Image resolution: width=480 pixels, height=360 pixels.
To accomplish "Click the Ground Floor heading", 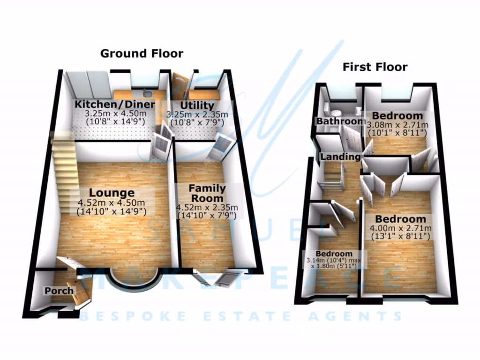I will click(142, 53).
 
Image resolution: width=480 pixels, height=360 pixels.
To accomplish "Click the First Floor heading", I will click(375, 67).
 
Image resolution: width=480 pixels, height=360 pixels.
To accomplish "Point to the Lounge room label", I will click(112, 193).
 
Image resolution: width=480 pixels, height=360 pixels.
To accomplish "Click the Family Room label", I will click(207, 193).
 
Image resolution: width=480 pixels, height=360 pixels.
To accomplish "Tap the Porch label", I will click(59, 291).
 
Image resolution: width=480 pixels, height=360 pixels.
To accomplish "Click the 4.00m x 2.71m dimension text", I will click(401, 228).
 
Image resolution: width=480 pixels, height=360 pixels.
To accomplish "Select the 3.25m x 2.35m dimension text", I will click(197, 114).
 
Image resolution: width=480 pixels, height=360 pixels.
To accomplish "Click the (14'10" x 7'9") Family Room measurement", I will click(207, 216).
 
